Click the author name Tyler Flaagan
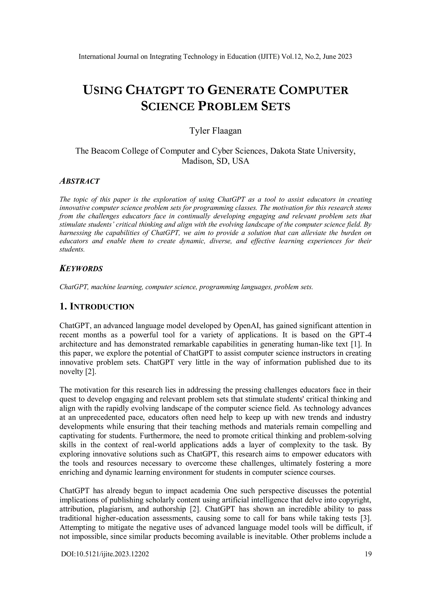[215, 131]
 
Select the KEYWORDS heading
[81, 269]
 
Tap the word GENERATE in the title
[241, 90]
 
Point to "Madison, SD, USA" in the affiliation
[215, 161]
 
